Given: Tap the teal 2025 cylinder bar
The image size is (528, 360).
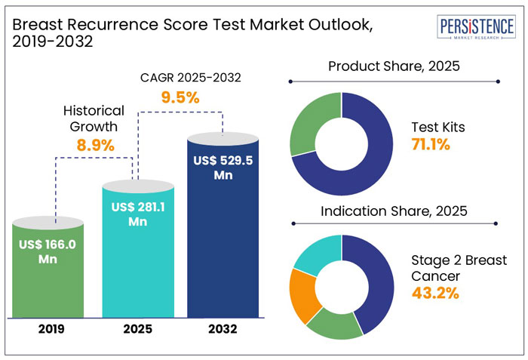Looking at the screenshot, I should pyautogui.click(x=137, y=249).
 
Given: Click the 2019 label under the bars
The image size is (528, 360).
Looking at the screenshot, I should pyautogui.click(x=49, y=329).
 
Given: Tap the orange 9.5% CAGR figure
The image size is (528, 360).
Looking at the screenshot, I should pyautogui.click(x=180, y=97).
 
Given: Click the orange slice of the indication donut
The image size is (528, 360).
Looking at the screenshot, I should pyautogui.click(x=302, y=294).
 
